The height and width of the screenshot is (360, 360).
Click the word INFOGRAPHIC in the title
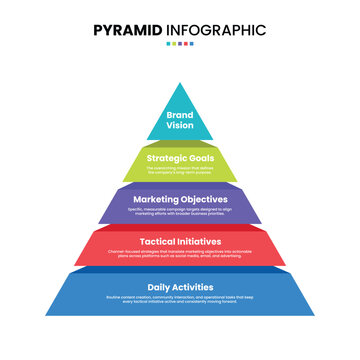click(218, 30)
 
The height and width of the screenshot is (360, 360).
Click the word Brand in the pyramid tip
click(180, 115)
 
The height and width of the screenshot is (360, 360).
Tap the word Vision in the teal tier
click(180, 127)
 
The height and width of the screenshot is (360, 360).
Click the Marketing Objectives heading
click(180, 200)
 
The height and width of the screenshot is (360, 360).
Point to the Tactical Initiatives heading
click(180, 243)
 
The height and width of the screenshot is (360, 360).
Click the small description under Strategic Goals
click(180, 169)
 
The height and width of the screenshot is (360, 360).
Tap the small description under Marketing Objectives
click(180, 213)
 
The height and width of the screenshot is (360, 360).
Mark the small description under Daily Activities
click(180, 300)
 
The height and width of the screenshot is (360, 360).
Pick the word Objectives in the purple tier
click(205, 200)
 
